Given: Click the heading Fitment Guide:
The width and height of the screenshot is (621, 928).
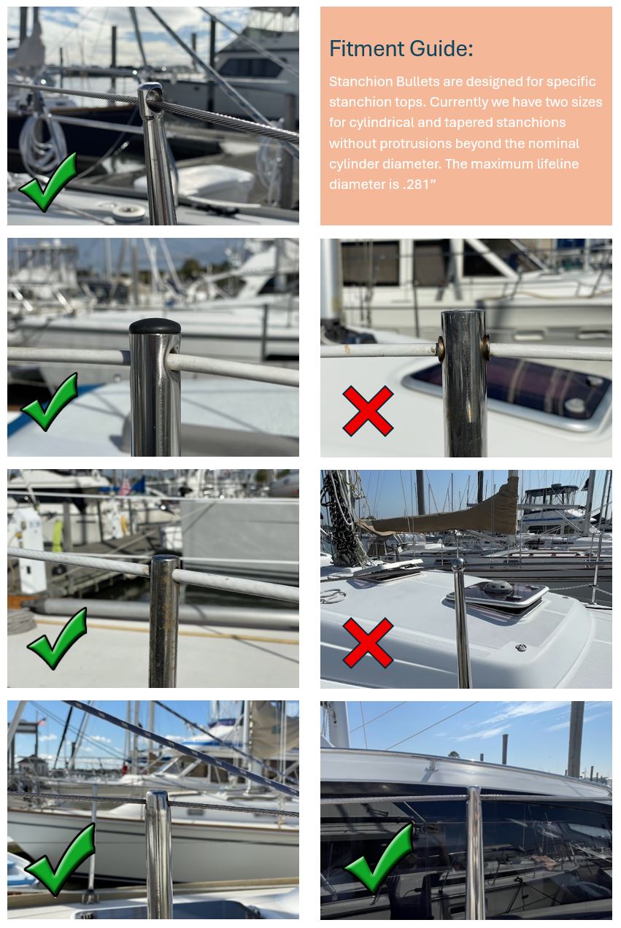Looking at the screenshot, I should click(401, 49).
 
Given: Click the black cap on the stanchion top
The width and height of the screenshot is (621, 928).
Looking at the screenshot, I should click(155, 326).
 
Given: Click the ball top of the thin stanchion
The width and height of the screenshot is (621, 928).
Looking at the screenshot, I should click(458, 564).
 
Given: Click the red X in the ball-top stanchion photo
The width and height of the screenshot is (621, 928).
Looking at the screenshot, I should click(368, 643).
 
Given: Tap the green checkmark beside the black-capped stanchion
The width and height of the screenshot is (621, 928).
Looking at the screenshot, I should click(50, 402).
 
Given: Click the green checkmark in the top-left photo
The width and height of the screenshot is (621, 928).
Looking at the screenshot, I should click(48, 182).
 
